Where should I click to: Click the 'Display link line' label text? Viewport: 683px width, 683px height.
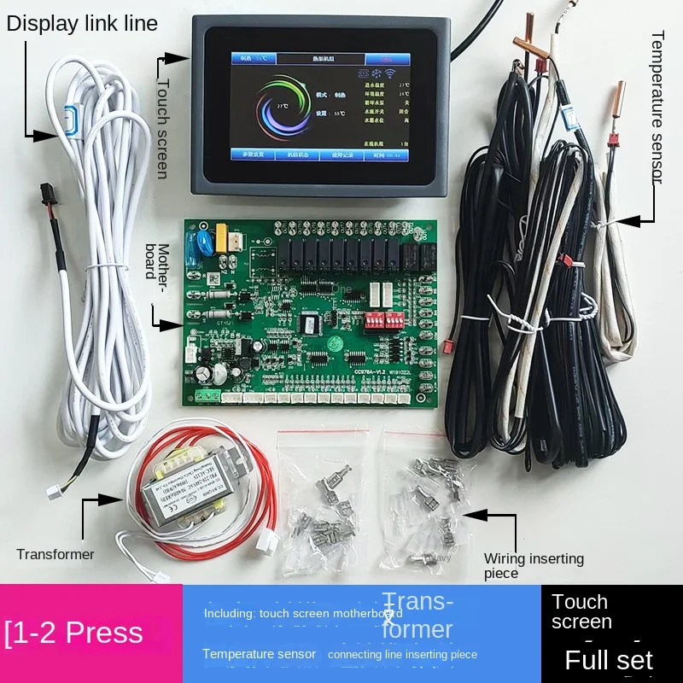pyautogui.click(x=82, y=23)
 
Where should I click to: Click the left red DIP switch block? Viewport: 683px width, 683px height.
pyautogui.click(x=372, y=321)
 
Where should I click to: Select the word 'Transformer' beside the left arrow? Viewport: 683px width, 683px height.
pyautogui.click(x=55, y=554)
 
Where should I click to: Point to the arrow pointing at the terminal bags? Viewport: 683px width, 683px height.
pyautogui.click(x=487, y=516)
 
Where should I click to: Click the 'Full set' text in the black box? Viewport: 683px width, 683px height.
pyautogui.click(x=609, y=659)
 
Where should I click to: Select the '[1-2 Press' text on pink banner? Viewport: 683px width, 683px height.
pyautogui.click(x=74, y=633)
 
